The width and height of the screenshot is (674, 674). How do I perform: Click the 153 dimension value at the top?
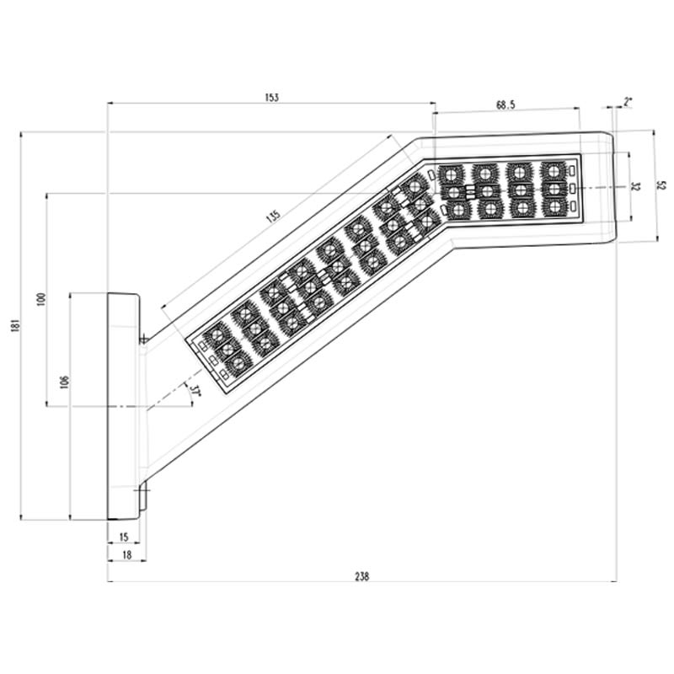(x=271, y=98)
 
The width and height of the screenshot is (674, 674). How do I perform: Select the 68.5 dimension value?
(x=505, y=104)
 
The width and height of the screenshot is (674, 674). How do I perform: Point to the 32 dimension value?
(x=636, y=186)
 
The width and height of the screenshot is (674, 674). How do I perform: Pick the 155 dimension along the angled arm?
(x=272, y=215)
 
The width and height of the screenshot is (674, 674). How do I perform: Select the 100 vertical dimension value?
(x=40, y=299)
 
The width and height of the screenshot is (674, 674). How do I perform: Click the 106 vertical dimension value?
(x=64, y=382)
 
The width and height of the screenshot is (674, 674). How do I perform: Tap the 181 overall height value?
(x=13, y=324)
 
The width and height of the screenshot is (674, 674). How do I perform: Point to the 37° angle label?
(x=195, y=391)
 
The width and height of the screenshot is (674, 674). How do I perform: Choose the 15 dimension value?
(x=125, y=537)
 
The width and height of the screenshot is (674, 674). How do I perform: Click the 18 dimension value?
(x=126, y=554)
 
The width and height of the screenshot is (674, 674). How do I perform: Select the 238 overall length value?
(x=362, y=576)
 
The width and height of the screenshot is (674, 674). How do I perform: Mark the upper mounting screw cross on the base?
(x=144, y=340)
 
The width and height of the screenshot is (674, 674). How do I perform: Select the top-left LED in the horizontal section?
(x=451, y=174)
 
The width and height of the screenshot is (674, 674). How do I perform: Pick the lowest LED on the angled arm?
(x=238, y=363)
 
